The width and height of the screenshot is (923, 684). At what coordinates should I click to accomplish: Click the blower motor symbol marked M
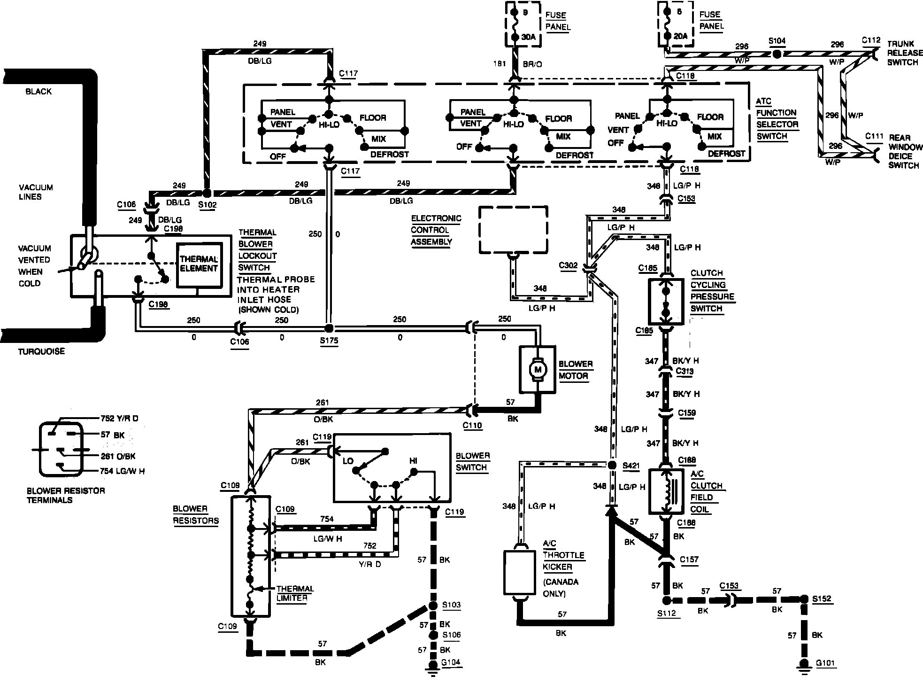tap(538, 370)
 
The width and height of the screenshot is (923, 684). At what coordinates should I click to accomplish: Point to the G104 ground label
tap(452, 662)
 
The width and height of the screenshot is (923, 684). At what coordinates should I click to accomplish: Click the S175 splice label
tap(329, 341)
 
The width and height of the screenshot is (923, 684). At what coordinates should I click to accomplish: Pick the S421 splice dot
tap(612, 465)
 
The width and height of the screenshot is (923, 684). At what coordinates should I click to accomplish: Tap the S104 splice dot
tap(777, 55)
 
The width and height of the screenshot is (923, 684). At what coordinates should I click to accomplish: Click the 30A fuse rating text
tap(528, 37)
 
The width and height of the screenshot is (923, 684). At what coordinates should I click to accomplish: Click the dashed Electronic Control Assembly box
tap(513, 229)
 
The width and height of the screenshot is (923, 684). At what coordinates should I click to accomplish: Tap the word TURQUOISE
tap(42, 351)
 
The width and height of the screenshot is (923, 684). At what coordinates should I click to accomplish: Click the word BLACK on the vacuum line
tap(38, 92)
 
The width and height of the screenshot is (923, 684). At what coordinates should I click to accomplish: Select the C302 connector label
tap(568, 265)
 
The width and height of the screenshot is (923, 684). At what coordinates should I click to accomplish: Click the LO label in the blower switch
tap(348, 461)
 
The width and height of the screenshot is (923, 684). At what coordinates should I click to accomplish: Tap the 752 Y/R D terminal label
tap(120, 418)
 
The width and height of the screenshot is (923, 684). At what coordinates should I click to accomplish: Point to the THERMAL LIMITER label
tap(295, 593)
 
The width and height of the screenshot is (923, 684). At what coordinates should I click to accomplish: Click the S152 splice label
tap(823, 599)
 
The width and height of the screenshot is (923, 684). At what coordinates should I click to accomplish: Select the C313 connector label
tap(685, 371)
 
